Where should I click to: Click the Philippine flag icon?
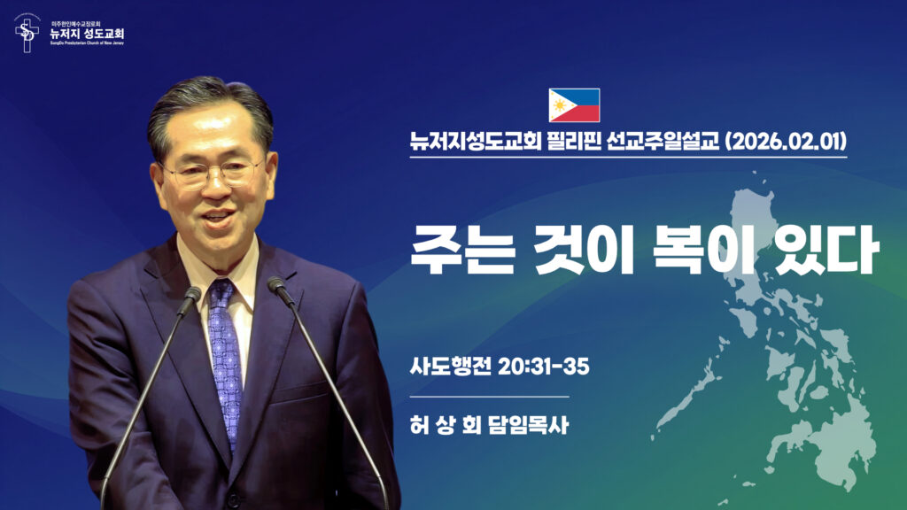(574, 104)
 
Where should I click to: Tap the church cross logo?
(27, 33)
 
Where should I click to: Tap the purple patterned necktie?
(225, 354)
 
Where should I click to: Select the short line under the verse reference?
(489, 397)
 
